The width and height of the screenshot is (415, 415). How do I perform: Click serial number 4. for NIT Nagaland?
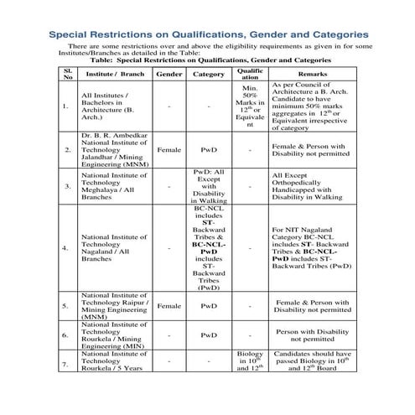(x=66, y=248)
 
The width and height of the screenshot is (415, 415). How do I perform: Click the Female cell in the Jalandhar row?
(x=169, y=150)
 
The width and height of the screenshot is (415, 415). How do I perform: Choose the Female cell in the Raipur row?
(x=169, y=307)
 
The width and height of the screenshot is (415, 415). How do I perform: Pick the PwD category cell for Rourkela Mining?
(x=209, y=335)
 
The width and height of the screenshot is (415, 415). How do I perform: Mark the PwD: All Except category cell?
(x=209, y=186)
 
